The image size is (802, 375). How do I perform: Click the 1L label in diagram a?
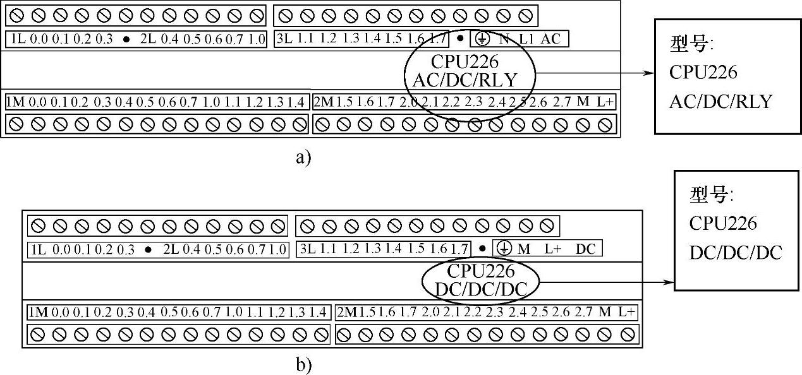18,39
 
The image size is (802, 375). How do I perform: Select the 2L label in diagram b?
171,249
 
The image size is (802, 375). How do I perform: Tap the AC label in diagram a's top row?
551,39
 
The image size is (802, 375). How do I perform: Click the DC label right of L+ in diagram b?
585,249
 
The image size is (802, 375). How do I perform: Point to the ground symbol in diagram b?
504,249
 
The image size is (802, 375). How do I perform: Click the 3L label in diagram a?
284,39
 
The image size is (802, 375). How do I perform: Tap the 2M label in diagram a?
324,102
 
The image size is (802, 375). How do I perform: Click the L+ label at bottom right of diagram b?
626,312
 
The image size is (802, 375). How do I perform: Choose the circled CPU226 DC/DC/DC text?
481,280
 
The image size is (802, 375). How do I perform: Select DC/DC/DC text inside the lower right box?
736,253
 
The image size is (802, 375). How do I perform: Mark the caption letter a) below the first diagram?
303,157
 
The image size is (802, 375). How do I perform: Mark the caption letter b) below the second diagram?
303,364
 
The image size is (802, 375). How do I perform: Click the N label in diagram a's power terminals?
504,39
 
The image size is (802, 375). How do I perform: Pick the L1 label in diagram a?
526,39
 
